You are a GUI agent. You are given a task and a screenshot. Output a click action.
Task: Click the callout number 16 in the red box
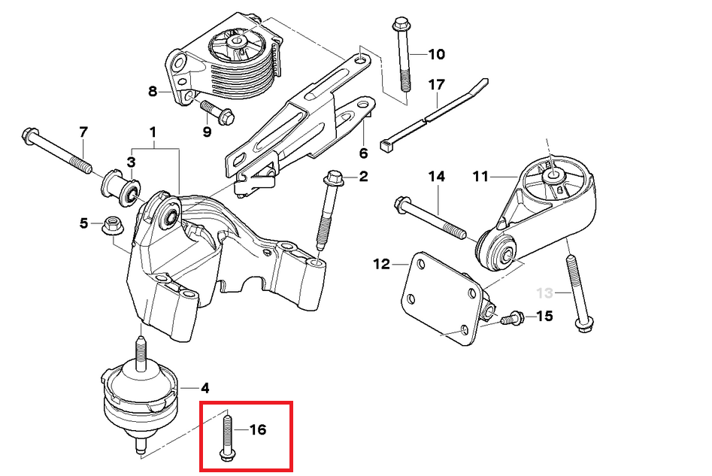(x=258, y=430)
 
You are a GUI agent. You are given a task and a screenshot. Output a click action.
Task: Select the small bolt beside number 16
(x=227, y=437)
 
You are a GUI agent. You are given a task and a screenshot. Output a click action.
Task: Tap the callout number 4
(x=205, y=389)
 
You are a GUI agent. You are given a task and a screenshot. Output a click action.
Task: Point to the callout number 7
(x=83, y=132)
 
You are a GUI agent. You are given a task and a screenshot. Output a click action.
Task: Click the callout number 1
(x=153, y=132)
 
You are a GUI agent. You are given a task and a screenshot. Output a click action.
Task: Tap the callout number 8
(x=153, y=92)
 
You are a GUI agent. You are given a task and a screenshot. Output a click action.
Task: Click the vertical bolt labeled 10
(x=400, y=56)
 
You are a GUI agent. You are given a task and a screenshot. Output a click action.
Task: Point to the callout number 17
(x=437, y=85)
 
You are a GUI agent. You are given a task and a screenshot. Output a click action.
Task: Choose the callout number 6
(x=363, y=153)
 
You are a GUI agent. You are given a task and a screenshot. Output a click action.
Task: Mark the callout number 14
(x=437, y=177)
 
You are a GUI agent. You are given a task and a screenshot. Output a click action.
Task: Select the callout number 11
(x=480, y=177)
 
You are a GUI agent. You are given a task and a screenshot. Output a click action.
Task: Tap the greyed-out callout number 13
(x=544, y=292)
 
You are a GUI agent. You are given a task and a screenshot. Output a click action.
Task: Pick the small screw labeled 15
(x=512, y=318)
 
